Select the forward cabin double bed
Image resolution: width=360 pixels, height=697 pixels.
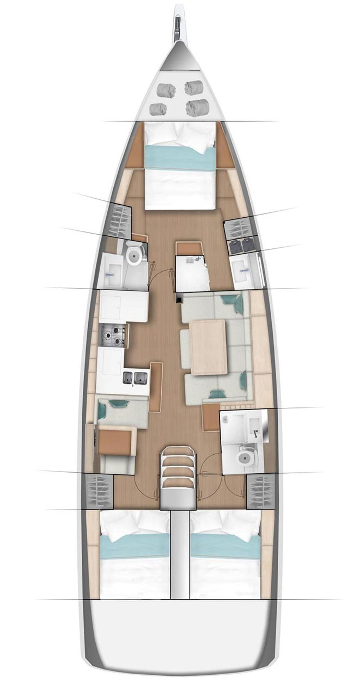point(180,166)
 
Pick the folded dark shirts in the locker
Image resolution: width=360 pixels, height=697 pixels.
point(242,245)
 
